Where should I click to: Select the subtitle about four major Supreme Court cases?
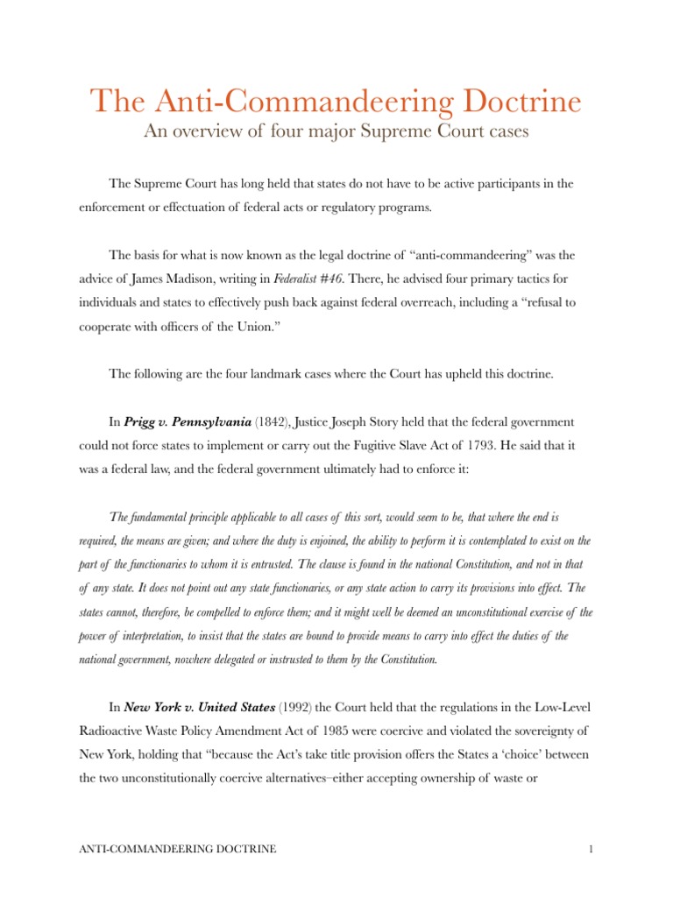[x=336, y=134]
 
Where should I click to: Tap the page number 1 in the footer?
[x=569, y=849]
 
